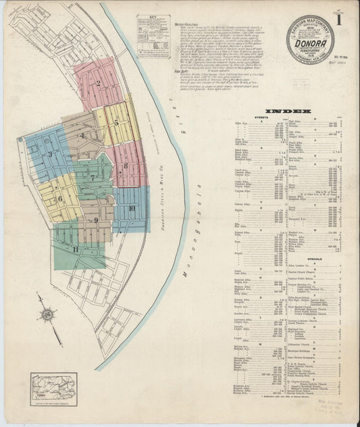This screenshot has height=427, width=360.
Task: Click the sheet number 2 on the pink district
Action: pyautogui.click(x=99, y=84)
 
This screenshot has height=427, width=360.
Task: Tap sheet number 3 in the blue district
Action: pyautogui.click(x=49, y=155)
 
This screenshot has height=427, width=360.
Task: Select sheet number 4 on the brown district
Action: pyautogui.click(x=82, y=135)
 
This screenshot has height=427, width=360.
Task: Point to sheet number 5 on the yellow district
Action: pyautogui.click(x=116, y=123)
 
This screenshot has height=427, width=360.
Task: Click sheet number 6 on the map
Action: pyautogui.click(x=60, y=199)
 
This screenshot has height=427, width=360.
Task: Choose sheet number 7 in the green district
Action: pyautogui.click(x=93, y=178)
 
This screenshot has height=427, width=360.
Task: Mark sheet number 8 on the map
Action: pyautogui.click(x=126, y=166)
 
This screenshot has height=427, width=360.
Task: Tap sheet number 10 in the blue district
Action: pyautogui.click(x=132, y=208)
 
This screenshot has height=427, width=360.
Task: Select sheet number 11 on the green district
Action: pyautogui.click(x=76, y=250)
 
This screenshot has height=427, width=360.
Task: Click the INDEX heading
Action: pyautogui.click(x=288, y=111)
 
